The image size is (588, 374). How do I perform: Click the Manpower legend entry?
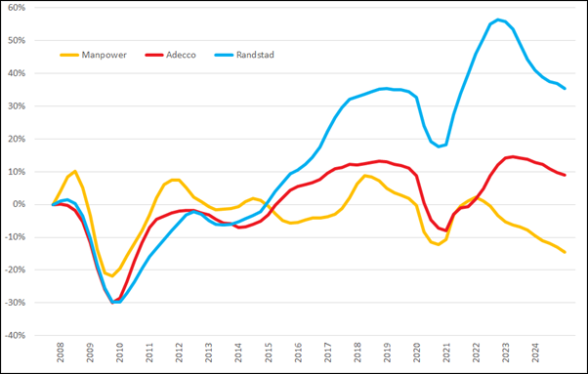tap(108, 55)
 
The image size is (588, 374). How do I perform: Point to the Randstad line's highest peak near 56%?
tap(498, 20)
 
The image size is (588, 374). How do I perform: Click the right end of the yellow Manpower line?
tap(565, 252)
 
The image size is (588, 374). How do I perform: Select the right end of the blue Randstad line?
tap(565, 89)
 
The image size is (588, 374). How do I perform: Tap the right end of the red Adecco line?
tap(565, 175)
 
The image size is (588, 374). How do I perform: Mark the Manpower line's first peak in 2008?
tap(75, 171)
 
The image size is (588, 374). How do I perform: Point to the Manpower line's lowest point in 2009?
tap(111, 276)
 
